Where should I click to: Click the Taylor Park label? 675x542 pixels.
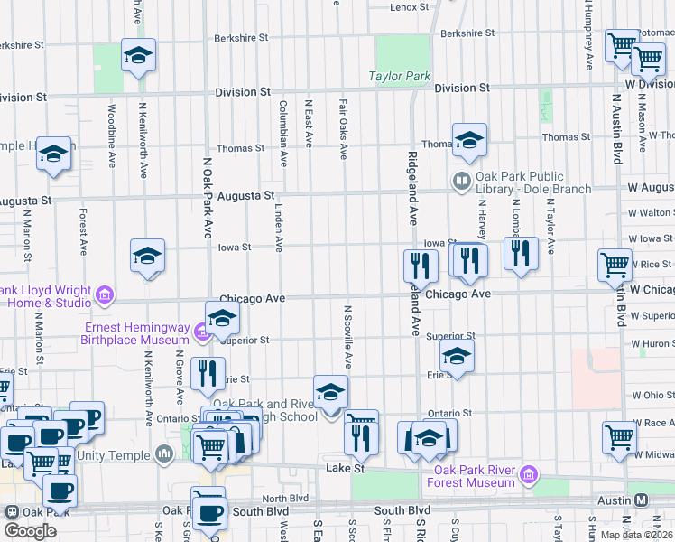400,77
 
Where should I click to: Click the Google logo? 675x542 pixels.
30,531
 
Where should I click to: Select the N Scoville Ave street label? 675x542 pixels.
347,335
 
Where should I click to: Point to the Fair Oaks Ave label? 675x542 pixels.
344,128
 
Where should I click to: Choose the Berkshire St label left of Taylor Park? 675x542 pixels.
241,39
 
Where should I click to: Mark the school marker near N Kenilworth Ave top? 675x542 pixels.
138,56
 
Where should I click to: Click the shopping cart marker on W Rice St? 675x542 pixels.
615,265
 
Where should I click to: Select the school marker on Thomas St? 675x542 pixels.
469,140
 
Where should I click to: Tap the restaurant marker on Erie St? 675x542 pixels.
208,372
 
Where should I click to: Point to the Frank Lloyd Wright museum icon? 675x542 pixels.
105,294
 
